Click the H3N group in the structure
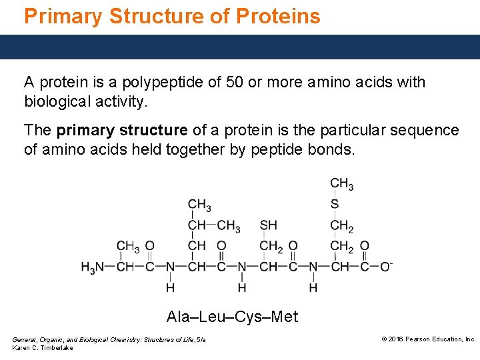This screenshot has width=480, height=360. [93, 267]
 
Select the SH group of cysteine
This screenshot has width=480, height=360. [269, 225]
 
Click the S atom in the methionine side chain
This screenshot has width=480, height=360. [335, 204]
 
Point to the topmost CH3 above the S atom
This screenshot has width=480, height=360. [341, 183]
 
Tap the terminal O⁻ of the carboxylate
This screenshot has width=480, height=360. [385, 267]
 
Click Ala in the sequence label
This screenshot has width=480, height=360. [178, 317]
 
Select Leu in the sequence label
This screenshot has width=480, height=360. [214, 317]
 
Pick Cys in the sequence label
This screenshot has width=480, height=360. [249, 317]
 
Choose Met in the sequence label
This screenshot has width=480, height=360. [285, 317]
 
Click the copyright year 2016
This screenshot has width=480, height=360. [397, 339]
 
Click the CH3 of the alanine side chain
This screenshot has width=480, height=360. [127, 246]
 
